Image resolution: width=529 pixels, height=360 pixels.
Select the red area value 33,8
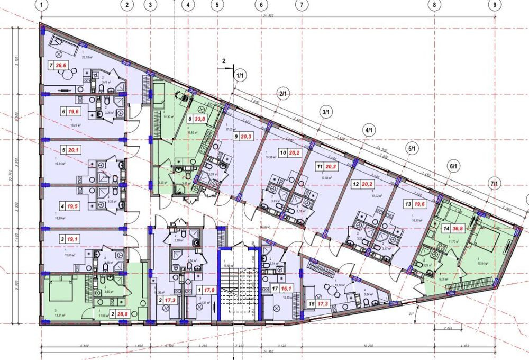click(x=200, y=120)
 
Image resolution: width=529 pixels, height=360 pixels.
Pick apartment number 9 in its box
click(x=236, y=136)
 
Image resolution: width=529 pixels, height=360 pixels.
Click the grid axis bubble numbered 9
click(x=495, y=5)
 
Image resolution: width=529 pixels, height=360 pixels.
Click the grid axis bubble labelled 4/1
click(x=368, y=130)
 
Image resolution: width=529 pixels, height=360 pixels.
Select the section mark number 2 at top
click(x=224, y=61)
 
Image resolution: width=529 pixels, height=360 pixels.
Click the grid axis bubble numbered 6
click(x=261, y=5)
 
